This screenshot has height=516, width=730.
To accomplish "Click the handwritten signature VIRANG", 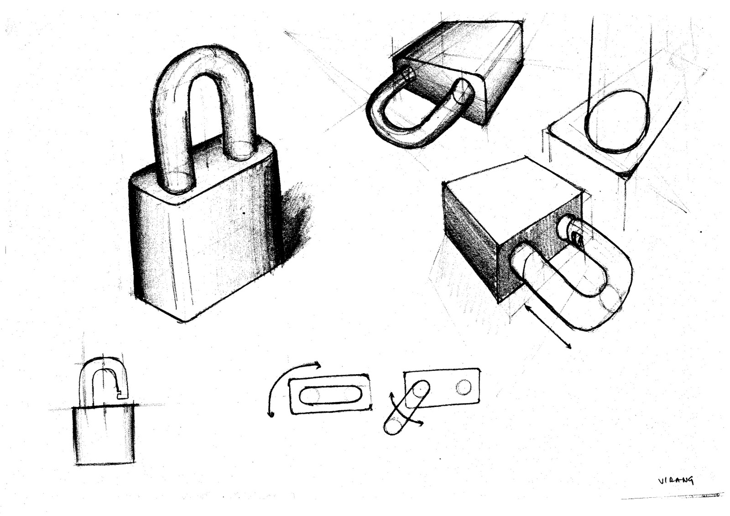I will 676,480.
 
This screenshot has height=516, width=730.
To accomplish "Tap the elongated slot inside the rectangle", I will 329,395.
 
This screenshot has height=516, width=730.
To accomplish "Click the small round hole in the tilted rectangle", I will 463,387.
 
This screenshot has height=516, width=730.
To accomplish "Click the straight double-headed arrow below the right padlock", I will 547,327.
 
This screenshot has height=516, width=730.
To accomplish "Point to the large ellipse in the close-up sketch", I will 617,122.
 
